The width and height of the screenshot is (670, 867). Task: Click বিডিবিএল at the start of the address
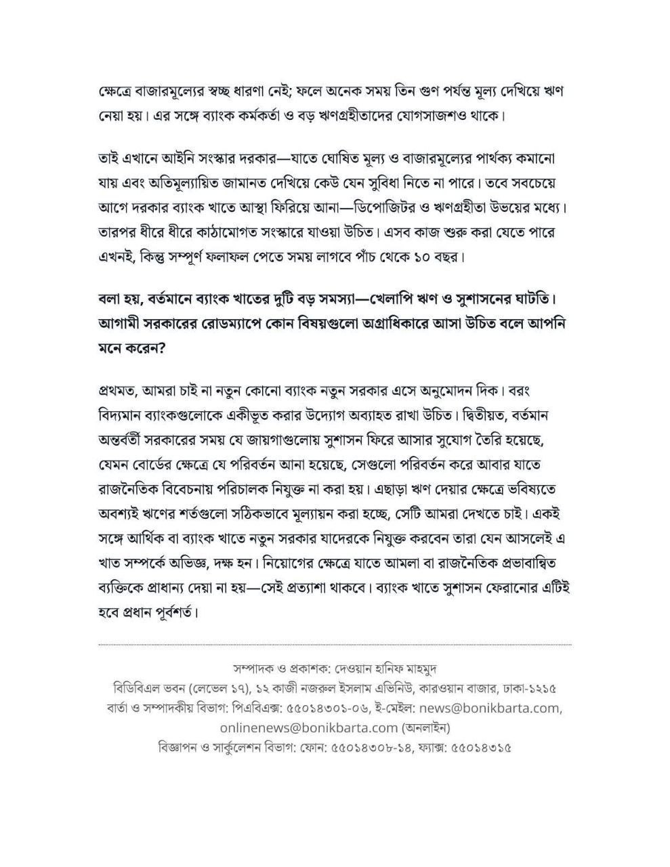tap(135, 688)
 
